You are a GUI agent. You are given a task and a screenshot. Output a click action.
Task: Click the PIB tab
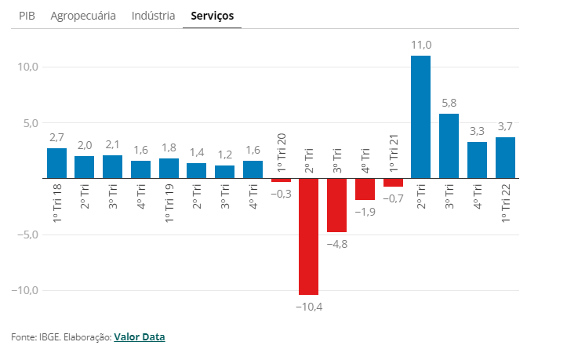point(27,15)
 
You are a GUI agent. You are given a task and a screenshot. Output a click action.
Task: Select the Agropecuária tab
point(83,15)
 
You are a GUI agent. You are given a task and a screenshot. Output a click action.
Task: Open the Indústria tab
point(154,15)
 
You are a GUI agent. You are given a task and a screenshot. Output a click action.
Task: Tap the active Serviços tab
point(212,15)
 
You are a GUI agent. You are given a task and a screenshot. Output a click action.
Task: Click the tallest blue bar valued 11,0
point(420,117)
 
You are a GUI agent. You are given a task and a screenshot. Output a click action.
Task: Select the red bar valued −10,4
point(308,236)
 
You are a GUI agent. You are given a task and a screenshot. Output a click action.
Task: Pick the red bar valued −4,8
point(336,205)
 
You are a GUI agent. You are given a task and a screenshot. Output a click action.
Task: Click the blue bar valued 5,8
point(449,146)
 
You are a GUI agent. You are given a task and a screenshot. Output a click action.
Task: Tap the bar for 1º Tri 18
point(56,163)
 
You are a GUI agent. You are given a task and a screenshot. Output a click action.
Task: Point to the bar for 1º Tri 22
point(505,158)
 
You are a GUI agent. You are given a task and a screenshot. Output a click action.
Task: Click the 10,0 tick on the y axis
point(27,67)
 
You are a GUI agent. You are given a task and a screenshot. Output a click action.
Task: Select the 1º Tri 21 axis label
point(394,152)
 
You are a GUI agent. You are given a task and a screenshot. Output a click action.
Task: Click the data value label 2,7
point(56,137)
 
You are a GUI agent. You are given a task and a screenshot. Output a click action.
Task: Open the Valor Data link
point(140,337)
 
